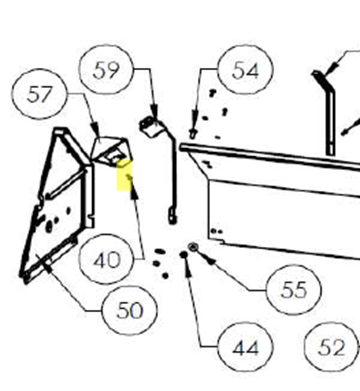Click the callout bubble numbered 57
[x=39, y=94]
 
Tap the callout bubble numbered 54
[x=245, y=70]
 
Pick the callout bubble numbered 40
[x=106, y=259]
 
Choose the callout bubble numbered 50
[x=130, y=311]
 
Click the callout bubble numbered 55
[x=293, y=290]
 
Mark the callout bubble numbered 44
[x=245, y=347]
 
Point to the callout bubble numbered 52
[x=332, y=347]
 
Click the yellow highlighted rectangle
[x=124, y=175]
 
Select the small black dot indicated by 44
[x=184, y=255]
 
